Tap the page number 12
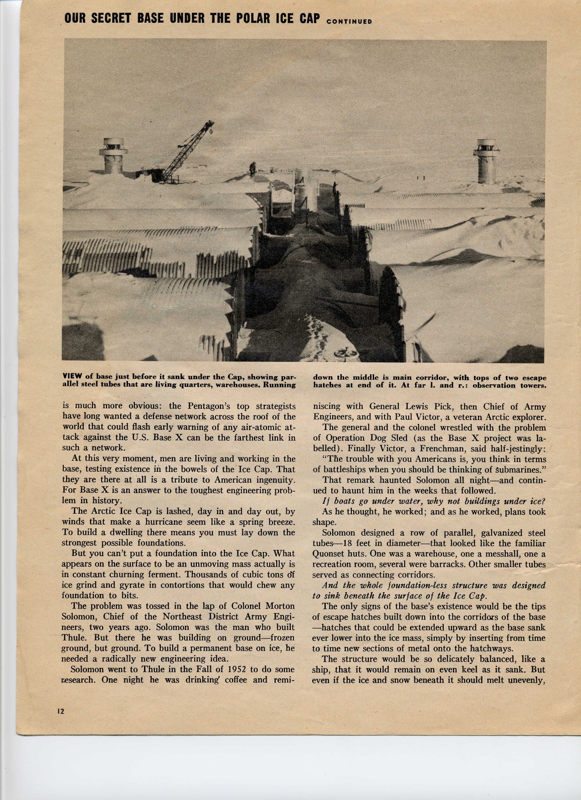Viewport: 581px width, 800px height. [x=61, y=711]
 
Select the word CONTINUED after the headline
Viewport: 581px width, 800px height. [x=350, y=21]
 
